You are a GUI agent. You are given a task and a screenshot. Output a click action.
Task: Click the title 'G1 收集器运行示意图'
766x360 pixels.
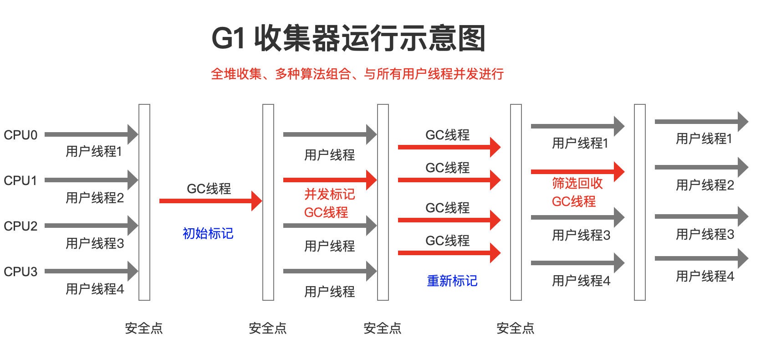348,38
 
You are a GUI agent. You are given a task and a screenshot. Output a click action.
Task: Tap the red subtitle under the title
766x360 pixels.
357,74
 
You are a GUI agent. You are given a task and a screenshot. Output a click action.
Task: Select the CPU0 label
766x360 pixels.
20,135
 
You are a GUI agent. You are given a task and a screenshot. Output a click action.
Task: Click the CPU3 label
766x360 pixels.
20,272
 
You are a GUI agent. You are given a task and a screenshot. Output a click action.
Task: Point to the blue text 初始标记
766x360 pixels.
208,233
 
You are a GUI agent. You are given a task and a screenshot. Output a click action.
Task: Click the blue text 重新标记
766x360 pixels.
452,281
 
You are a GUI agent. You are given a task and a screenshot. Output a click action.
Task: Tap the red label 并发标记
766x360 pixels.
329,194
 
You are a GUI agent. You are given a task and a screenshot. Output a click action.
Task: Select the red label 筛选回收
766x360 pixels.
577,183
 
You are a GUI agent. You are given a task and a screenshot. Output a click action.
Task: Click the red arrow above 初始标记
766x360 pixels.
209,201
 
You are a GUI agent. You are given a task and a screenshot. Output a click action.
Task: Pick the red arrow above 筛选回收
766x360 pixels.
577,172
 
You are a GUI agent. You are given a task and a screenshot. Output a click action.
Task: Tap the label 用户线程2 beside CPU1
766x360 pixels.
95,198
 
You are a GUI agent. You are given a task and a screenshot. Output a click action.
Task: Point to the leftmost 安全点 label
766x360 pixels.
144,328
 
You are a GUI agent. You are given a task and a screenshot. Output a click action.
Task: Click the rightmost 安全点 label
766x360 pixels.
515,328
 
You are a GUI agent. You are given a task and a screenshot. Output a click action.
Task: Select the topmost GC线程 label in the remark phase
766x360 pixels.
447,135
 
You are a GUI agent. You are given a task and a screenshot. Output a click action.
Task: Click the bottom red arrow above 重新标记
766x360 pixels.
448,253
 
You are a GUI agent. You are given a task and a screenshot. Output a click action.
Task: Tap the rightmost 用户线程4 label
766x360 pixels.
705,276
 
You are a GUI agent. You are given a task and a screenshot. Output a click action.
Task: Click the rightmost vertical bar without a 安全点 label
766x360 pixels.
640,202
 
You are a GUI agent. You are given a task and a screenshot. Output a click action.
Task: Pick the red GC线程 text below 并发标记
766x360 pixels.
326,212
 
